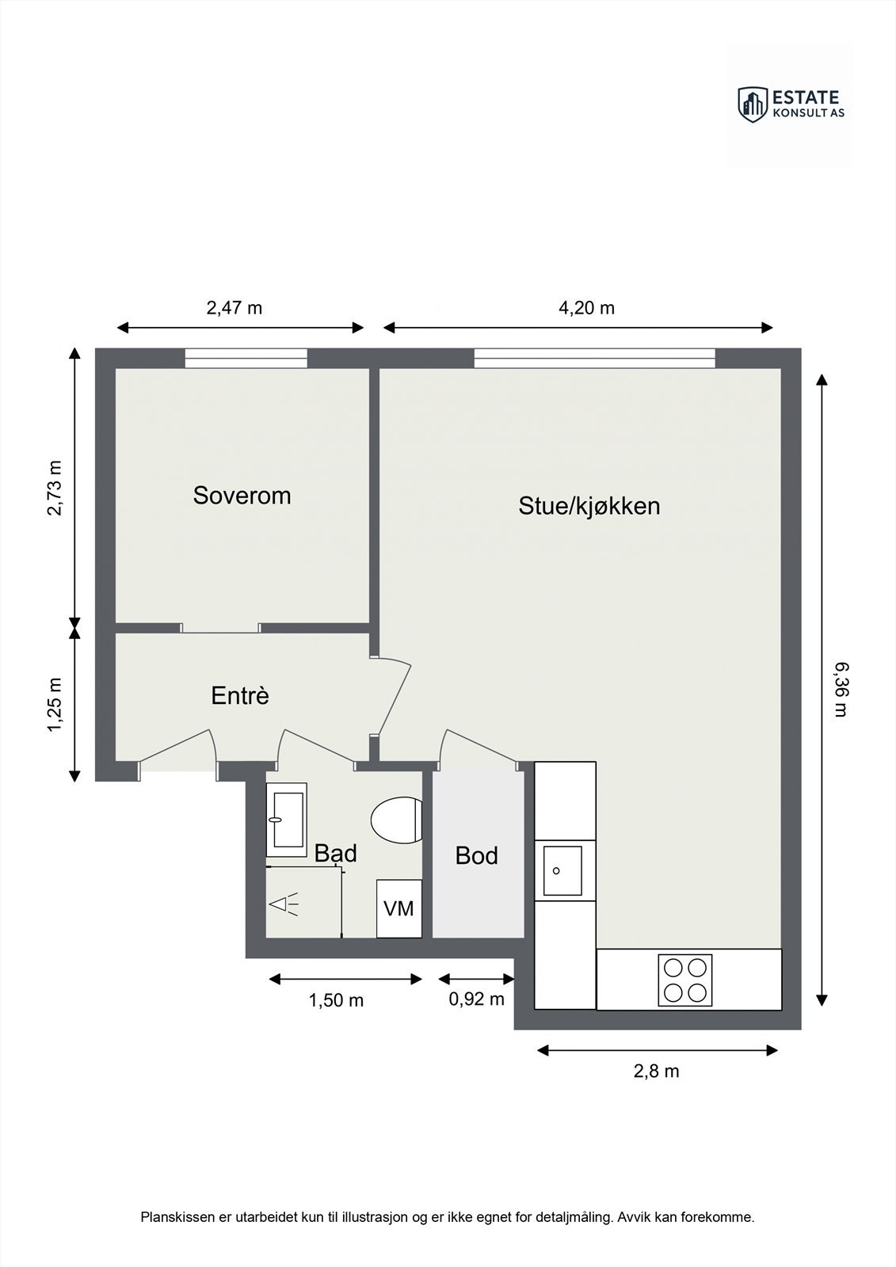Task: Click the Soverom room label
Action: [x=242, y=496]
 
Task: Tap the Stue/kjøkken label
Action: [x=589, y=506]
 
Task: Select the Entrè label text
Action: [x=240, y=695]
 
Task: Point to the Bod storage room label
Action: [x=477, y=856]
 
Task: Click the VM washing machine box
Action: [x=399, y=908]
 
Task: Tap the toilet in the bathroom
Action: [x=397, y=820]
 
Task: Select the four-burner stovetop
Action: [x=685, y=980]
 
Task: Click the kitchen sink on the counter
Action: [x=562, y=871]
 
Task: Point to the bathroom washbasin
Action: [x=287, y=820]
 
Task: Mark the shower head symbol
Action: [x=284, y=905]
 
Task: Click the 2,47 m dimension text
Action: [x=234, y=308]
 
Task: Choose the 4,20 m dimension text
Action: [x=586, y=308]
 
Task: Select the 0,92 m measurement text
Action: [x=477, y=999]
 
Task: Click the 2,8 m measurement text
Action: [x=656, y=1071]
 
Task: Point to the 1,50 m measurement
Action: [x=336, y=1001]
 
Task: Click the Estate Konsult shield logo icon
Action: [x=753, y=105]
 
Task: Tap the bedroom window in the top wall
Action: [x=246, y=359]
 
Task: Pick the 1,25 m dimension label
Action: [x=55, y=704]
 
